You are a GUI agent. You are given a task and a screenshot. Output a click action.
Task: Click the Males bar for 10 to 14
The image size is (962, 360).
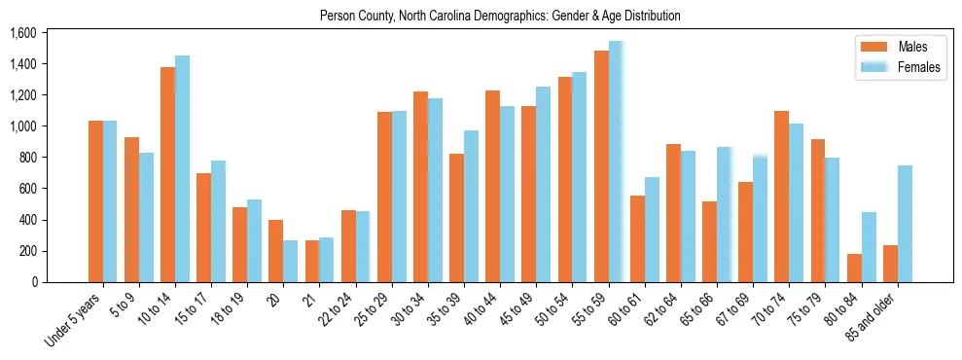click(x=167, y=175)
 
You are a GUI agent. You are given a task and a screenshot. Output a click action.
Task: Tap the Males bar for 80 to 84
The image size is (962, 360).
click(x=854, y=268)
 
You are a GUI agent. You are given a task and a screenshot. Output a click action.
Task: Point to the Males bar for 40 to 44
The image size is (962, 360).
click(x=492, y=186)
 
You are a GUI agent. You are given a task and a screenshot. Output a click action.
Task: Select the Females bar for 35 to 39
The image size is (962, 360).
click(x=471, y=206)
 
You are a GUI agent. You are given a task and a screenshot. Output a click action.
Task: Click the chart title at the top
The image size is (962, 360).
click(x=500, y=17)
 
